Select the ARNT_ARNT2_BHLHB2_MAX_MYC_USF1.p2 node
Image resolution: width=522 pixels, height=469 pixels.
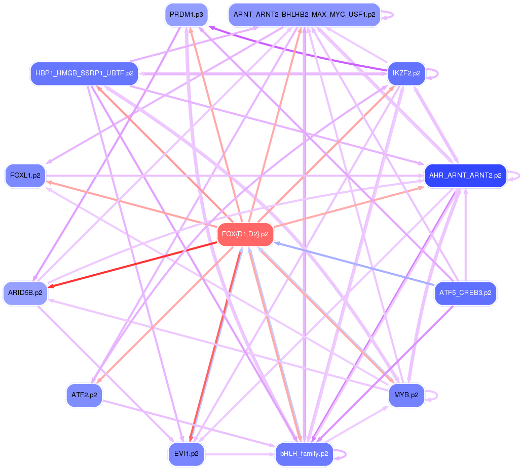304,15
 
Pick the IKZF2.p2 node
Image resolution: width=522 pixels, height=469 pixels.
406,73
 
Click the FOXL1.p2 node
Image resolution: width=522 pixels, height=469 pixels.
25,176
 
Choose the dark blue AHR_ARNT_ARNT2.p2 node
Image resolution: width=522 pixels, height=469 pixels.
465,176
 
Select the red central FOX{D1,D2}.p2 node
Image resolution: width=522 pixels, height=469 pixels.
245,234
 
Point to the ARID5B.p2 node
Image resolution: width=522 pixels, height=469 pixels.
25,293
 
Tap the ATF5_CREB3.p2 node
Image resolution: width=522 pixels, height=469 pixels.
465,293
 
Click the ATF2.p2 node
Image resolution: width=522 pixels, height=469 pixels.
84,395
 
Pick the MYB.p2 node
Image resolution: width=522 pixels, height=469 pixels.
406,395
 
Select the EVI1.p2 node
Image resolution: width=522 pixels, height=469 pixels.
186,454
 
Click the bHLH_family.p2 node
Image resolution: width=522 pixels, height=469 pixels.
304,454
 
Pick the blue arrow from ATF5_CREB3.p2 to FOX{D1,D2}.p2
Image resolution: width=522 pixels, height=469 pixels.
355,264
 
